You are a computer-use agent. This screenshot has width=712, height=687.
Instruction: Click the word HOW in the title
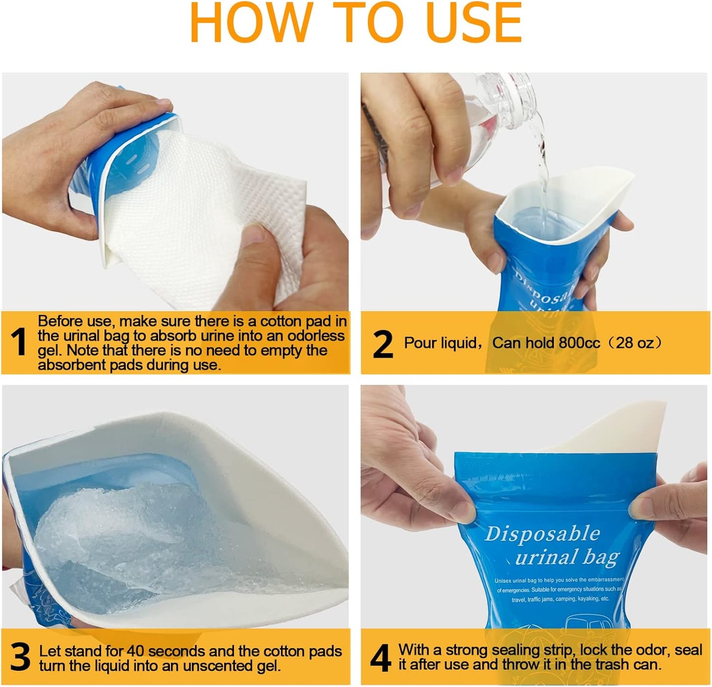(x=252, y=23)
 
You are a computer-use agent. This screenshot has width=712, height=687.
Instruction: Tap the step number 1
(x=18, y=341)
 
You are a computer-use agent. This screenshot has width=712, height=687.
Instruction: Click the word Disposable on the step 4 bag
(x=542, y=534)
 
